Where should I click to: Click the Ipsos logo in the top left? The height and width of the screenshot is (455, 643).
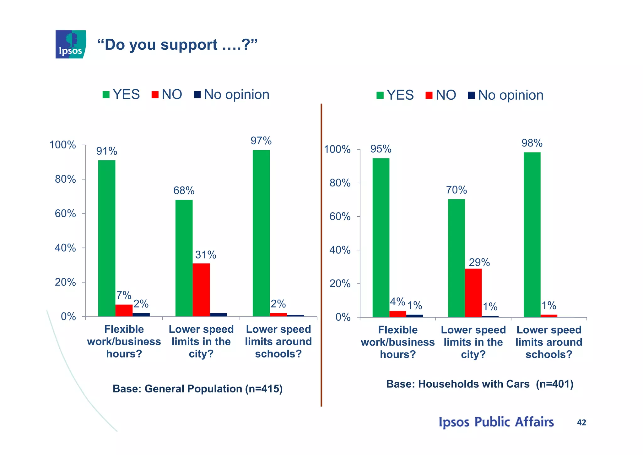click(x=71, y=44)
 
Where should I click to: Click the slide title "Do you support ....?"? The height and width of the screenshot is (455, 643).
click(x=177, y=45)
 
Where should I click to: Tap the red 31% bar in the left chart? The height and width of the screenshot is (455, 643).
click(x=201, y=290)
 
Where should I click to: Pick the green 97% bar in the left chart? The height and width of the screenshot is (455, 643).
click(x=261, y=233)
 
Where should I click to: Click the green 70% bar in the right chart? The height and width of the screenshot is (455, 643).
click(x=457, y=258)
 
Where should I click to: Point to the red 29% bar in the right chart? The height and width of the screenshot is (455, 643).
click(x=473, y=292)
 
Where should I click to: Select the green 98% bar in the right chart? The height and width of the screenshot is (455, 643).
click(x=532, y=235)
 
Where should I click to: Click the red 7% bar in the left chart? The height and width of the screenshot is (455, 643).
click(x=124, y=310)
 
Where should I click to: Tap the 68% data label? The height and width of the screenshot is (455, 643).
click(x=184, y=191)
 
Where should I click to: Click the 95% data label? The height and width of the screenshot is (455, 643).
click(x=381, y=149)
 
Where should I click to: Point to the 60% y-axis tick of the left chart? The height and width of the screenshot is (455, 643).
click(x=65, y=214)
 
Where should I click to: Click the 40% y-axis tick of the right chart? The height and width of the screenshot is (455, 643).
click(x=340, y=250)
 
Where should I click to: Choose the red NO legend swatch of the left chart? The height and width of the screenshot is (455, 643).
click(x=155, y=95)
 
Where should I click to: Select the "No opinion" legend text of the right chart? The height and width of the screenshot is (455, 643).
click(x=511, y=95)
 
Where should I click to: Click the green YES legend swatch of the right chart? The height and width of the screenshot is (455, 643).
click(x=380, y=95)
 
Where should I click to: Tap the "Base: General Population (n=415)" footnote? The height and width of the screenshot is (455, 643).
click(x=197, y=389)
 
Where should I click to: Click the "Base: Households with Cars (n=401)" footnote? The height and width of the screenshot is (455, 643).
click(x=480, y=384)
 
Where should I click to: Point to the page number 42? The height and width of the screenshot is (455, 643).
click(x=581, y=422)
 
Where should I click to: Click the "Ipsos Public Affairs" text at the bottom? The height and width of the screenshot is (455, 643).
click(x=496, y=422)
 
